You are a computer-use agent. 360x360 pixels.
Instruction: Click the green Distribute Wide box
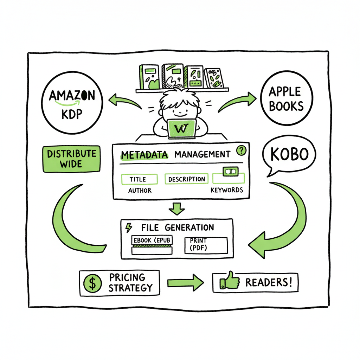tap(71, 158)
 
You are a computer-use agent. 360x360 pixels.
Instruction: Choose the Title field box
tap(138, 179)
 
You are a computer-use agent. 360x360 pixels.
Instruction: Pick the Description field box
tap(186, 179)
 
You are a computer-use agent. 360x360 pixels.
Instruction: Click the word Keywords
tap(226, 190)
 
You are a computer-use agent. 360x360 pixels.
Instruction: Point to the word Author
tap(140, 190)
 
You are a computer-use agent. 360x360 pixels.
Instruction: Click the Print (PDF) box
tap(206, 245)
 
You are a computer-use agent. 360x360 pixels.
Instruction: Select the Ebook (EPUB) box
tap(152, 241)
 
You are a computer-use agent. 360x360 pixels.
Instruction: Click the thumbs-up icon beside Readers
tap(229, 282)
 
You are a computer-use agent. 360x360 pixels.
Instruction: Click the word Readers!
tap(269, 282)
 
